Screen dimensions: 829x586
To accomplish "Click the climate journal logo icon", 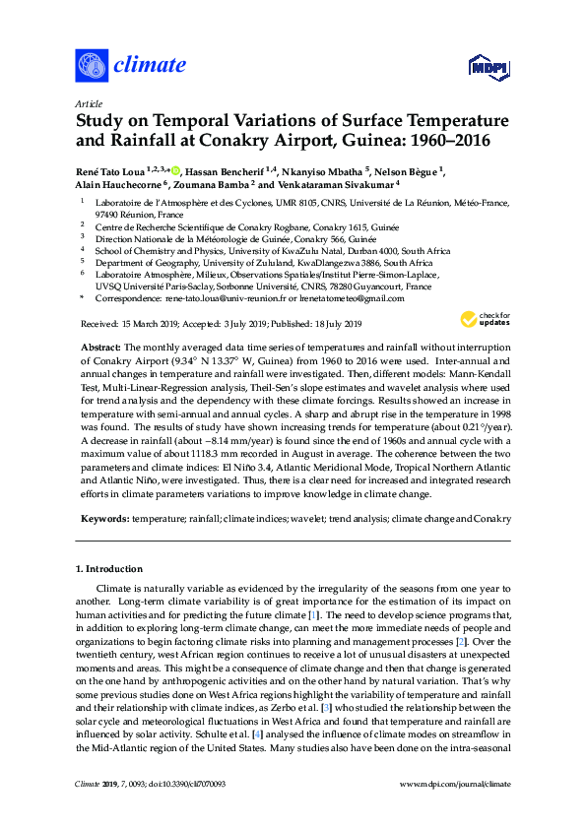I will coord(91,65).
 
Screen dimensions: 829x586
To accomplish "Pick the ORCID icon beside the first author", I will coord(176,169).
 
